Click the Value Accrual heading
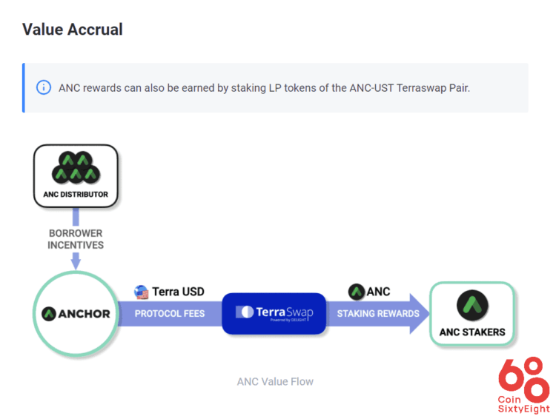pyautogui.click(x=73, y=30)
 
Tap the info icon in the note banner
pyautogui.click(x=44, y=87)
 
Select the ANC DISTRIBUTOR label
pyautogui.click(x=75, y=195)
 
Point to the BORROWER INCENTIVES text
pyautogui.click(x=76, y=238)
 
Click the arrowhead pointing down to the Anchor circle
pyautogui.click(x=76, y=261)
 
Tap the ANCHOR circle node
pyautogui.click(x=76, y=313)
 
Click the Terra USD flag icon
pyautogui.click(x=141, y=292)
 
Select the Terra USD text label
pyautogui.click(x=178, y=292)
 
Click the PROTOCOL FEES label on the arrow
pyautogui.click(x=170, y=313)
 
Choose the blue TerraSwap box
pyautogui.click(x=274, y=313)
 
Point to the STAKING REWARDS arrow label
pyautogui.click(x=378, y=313)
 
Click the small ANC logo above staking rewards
pyautogui.click(x=356, y=292)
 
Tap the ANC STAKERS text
pyautogui.click(x=472, y=332)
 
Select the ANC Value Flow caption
pyautogui.click(x=275, y=381)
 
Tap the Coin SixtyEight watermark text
pyautogui.click(x=524, y=403)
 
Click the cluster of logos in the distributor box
pyautogui.click(x=75, y=168)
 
